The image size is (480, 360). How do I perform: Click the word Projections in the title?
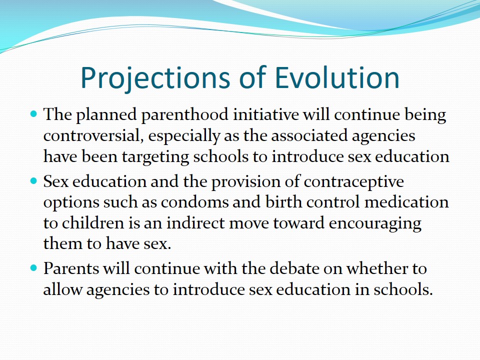tap(155, 78)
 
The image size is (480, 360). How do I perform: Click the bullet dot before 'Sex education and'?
tap(33, 181)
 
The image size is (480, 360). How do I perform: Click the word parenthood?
tap(185, 115)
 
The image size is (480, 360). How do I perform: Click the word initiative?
tap(265, 115)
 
